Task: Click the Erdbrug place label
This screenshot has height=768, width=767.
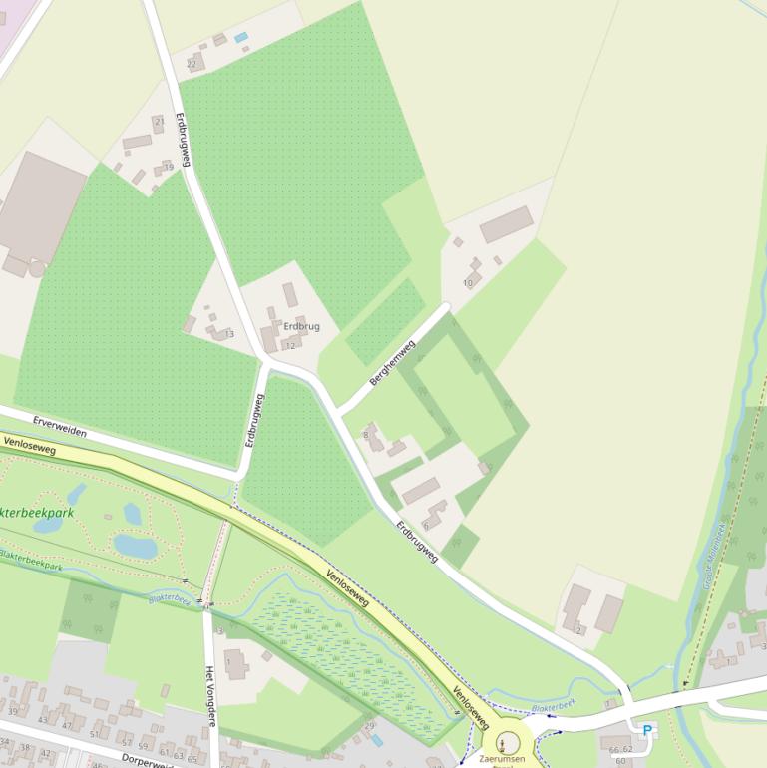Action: pos(301,326)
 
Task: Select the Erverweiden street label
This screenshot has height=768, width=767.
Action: pos(59,427)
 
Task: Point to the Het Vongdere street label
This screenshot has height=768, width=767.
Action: pos(210,696)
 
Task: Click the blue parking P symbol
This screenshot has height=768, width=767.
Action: pos(647,731)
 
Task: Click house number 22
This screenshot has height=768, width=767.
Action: pos(192,64)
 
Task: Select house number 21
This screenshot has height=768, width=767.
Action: pos(158,121)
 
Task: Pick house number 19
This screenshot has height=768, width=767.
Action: pos(169,167)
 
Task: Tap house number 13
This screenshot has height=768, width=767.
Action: pos(229,334)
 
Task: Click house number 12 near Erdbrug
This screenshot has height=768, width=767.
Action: pos(290,345)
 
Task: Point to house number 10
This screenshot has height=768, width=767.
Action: pos(468,283)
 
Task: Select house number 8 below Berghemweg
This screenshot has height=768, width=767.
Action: pos(366,435)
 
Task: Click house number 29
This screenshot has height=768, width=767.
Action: pos(369,725)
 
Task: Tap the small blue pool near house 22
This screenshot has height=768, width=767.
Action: pos(241,37)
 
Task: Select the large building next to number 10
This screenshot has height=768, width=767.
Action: pos(507,224)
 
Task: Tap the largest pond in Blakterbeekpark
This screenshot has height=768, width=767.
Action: pos(135,546)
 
